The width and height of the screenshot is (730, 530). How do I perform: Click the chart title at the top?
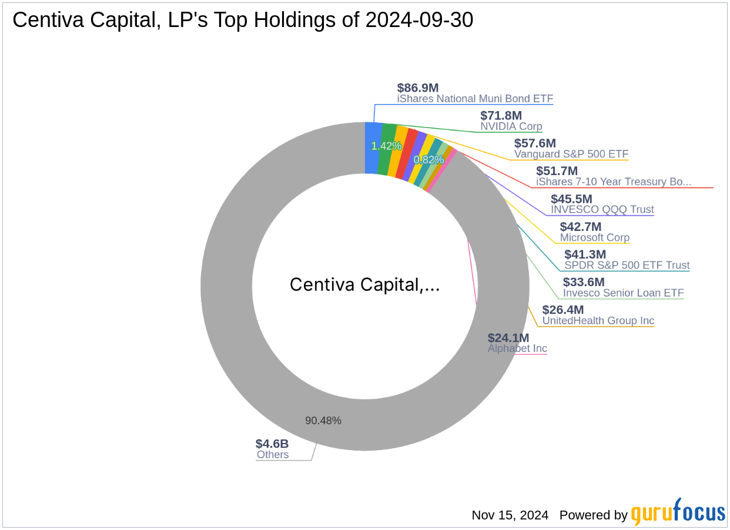click(243, 21)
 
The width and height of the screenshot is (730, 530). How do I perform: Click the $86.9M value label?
click(417, 88)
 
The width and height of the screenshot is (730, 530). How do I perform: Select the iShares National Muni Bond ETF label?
click(475, 99)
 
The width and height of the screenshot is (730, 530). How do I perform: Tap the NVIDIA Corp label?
click(511, 126)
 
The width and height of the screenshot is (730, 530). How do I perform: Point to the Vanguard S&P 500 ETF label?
click(571, 154)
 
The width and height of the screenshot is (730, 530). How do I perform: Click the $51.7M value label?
click(557, 171)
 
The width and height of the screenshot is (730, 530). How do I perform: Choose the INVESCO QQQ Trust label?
click(602, 209)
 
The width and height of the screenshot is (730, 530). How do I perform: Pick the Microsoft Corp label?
click(594, 237)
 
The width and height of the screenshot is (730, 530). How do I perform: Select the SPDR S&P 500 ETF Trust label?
click(627, 265)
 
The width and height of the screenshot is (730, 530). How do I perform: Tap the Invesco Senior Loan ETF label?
click(623, 293)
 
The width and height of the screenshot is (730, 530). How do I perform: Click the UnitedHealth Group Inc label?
click(598, 321)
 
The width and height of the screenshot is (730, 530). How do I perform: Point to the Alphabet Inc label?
click(517, 348)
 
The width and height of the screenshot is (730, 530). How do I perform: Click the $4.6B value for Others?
click(272, 444)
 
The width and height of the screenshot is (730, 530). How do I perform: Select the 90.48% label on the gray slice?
click(323, 421)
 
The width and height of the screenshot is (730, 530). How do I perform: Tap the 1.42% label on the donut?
click(386, 146)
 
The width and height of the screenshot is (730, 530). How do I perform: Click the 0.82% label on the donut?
click(428, 160)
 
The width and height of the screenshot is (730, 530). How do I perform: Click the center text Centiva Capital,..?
click(364, 285)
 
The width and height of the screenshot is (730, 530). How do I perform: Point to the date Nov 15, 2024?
click(510, 515)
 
